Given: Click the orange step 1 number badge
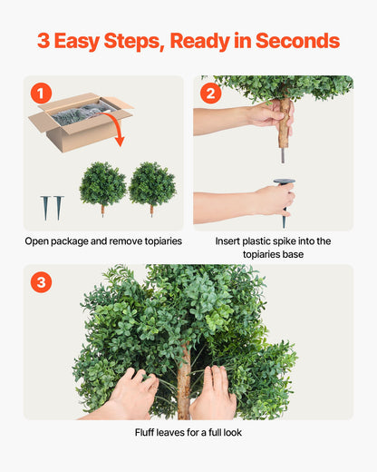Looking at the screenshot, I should [41, 93].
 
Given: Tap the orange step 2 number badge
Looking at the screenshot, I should [211, 93].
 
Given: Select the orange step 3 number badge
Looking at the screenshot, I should [41, 282].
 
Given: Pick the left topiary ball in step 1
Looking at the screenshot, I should [102, 184].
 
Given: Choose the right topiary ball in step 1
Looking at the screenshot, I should [151, 184].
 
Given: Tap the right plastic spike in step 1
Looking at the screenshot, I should [59, 207].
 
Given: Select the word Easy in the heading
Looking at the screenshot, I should [88, 41].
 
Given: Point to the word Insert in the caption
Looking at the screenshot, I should [231, 241].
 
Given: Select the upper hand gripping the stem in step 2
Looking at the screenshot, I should [268, 115].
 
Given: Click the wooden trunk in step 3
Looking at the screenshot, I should [184, 386].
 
